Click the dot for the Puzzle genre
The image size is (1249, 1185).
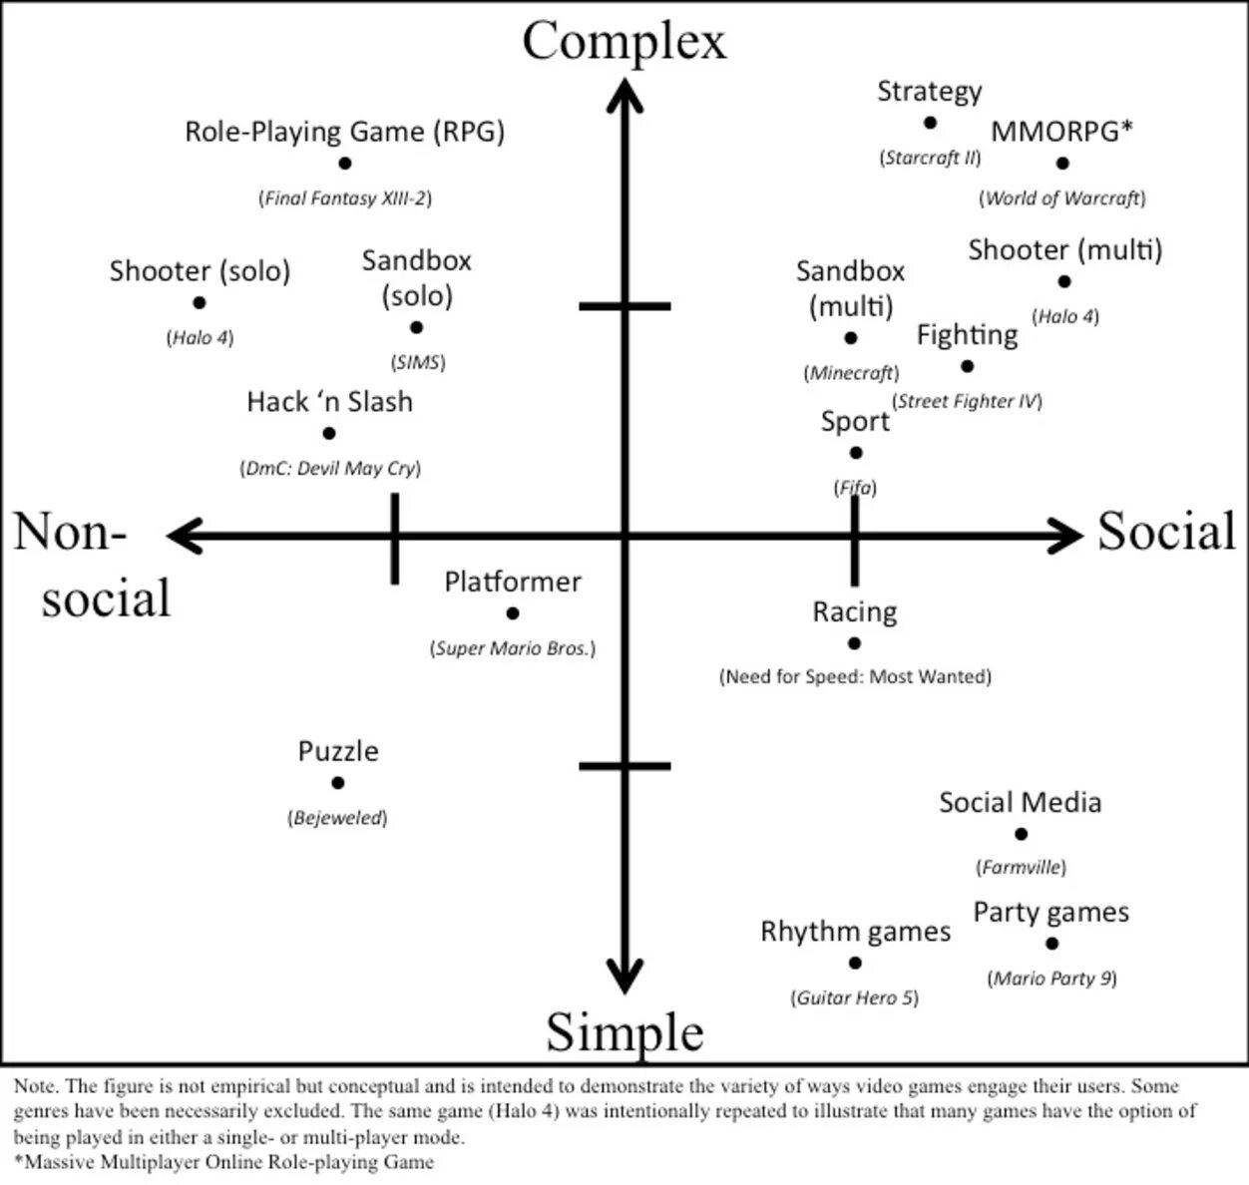pyautogui.click(x=337, y=783)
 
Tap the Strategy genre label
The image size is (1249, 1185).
pyautogui.click(x=929, y=92)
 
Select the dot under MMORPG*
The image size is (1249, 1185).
pyautogui.click(x=1062, y=163)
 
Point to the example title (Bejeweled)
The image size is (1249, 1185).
pyautogui.click(x=337, y=818)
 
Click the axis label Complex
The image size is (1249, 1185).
pyautogui.click(x=624, y=42)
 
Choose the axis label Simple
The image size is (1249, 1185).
pyautogui.click(x=624, y=1031)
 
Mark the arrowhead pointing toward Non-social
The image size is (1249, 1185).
pyautogui.click(x=182, y=536)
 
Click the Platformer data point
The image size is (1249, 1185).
pyautogui.click(x=513, y=613)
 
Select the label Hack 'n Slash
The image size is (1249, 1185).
pyautogui.click(x=329, y=402)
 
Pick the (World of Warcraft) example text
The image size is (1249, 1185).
pyautogui.click(x=1062, y=198)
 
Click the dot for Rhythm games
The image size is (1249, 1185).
pyautogui.click(x=855, y=963)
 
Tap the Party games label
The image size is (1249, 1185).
pyautogui.click(x=1050, y=913)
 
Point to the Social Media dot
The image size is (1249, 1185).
pyautogui.click(x=1021, y=834)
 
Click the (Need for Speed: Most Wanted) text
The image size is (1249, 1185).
pyautogui.click(x=855, y=677)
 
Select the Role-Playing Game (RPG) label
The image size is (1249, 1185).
pyautogui.click(x=344, y=132)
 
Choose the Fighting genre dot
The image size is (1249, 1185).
pyautogui.click(x=967, y=366)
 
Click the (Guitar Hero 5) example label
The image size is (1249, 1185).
pyautogui.click(x=855, y=997)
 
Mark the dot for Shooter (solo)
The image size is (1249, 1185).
pyautogui.click(x=200, y=302)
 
